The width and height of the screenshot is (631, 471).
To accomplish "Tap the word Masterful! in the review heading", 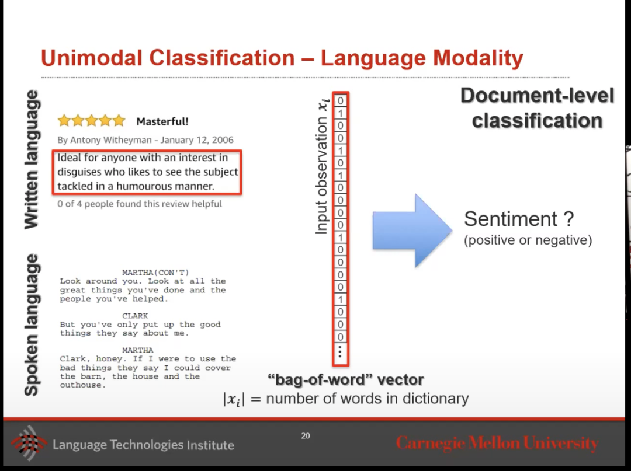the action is coord(162,121).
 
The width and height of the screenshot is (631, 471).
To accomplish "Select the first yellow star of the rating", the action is coord(64,120).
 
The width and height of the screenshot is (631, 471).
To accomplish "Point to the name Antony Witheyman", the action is coord(111,140).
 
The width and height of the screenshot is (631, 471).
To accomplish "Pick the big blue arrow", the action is coord(412,231).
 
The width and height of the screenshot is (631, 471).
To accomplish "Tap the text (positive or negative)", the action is coord(528,240).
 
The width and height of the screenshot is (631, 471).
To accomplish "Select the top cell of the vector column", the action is coord(341,101).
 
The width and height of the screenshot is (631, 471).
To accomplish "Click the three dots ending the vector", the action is coord(341,351).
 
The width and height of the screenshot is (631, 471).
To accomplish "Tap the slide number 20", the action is coord(306,435).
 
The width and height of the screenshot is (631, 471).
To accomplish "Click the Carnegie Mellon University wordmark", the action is coord(497,443).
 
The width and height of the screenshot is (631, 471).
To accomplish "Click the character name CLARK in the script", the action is coord(135,316).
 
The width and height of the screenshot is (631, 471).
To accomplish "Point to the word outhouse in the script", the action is coord(82,385).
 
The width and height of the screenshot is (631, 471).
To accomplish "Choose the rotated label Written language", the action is coord(32,159).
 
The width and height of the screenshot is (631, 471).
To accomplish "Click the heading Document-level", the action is coord(538,96).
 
